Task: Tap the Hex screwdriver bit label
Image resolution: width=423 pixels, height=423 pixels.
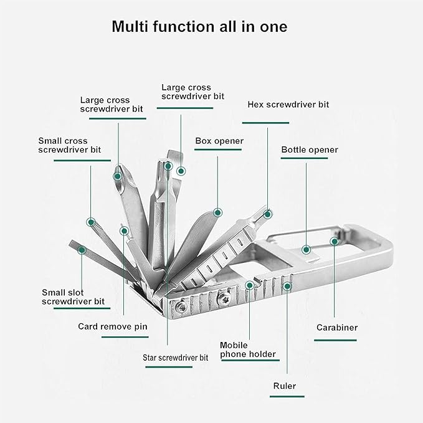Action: pyautogui.click(x=288, y=105)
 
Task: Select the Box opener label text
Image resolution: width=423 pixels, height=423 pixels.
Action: pyautogui.click(x=219, y=141)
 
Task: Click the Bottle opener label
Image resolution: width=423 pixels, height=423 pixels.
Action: pyautogui.click(x=310, y=150)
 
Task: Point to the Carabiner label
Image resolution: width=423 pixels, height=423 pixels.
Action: pyautogui.click(x=337, y=328)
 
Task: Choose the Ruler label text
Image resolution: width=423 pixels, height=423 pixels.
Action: pyautogui.click(x=284, y=386)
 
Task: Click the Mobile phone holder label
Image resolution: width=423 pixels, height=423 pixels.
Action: pyautogui.click(x=248, y=349)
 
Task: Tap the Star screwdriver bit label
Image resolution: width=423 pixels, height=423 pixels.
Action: pyautogui.click(x=175, y=358)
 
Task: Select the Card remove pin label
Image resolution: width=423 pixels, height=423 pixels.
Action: pyautogui.click(x=113, y=326)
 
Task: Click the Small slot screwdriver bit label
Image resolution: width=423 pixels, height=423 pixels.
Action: pyautogui.click(x=73, y=297)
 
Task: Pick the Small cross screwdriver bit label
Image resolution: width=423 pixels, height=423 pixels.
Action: pyautogui.click(x=70, y=145)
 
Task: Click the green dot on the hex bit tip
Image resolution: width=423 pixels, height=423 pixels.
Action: pyautogui.click(x=267, y=214)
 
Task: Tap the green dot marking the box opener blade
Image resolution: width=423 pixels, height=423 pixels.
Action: pyautogui.click(x=217, y=212)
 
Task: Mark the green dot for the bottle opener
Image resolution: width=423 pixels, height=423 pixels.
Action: pyautogui.click(x=306, y=250)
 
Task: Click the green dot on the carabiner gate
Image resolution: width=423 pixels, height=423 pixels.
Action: pyautogui.click(x=335, y=242)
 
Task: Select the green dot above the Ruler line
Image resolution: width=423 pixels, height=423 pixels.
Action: pyautogui.click(x=287, y=286)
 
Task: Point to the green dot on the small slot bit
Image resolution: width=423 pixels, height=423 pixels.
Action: pyautogui.click(x=82, y=250)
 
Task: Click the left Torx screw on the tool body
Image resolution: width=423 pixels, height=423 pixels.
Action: pyautogui.click(x=180, y=307)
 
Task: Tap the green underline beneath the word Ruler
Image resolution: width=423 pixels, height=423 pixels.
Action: pyautogui.click(x=287, y=397)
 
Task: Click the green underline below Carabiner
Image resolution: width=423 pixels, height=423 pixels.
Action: pyautogui.click(x=335, y=340)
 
